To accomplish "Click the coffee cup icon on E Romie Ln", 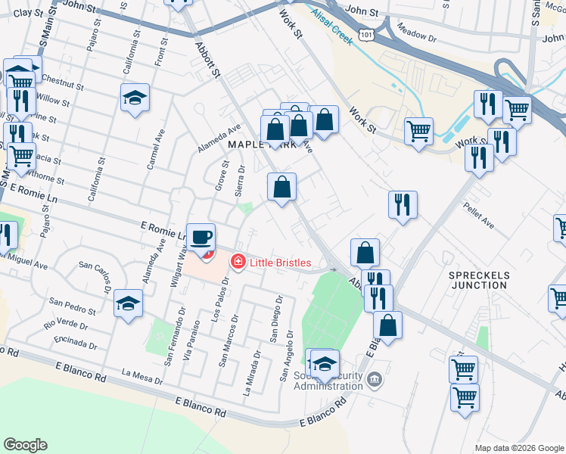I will tap(201, 238).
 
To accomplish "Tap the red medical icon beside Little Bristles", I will tap(238, 262).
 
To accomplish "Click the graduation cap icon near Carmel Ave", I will tap(135, 98).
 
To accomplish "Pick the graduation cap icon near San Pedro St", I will tap(129, 304).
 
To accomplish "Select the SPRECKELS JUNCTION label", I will tap(477, 279).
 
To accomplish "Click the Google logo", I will tap(25, 445).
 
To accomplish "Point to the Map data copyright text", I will tap(519, 448).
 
